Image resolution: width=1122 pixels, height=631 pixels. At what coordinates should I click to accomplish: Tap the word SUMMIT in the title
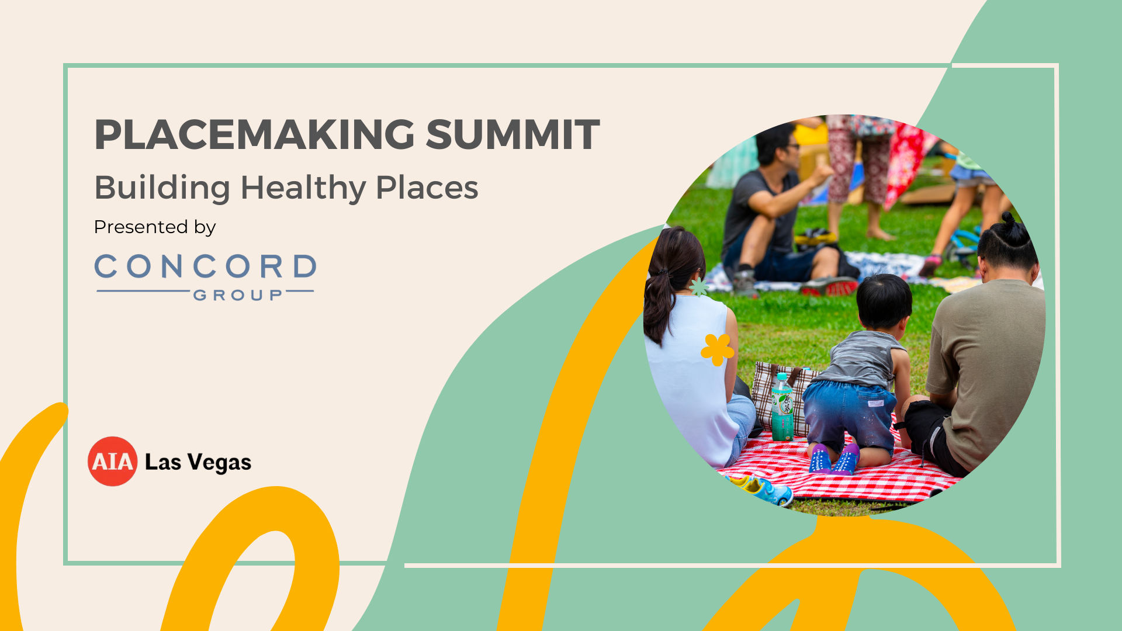pos(512,134)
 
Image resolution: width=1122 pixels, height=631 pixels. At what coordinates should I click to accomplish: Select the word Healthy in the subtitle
pos(303,189)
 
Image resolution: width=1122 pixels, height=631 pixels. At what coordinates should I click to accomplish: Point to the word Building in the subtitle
pos(162,189)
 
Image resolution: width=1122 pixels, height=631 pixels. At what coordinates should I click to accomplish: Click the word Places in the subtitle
pos(427,188)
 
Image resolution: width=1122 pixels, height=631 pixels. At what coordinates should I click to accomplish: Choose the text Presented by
pos(155,227)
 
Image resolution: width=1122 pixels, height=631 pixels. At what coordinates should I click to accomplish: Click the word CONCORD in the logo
pos(205,266)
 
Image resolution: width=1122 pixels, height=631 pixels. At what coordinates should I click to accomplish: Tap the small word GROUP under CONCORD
pos(238,295)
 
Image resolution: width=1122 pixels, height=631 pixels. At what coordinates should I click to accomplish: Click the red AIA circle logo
pos(112,462)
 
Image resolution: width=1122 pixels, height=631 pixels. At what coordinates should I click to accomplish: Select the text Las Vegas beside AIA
pos(198,463)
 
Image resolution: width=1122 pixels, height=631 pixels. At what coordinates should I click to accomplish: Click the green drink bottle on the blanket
pos(782,407)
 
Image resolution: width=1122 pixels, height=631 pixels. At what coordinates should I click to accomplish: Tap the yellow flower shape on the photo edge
pos(717,349)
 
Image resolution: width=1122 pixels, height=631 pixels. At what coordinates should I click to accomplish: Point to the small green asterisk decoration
pos(698,287)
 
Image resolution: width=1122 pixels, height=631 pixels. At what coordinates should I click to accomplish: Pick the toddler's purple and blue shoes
pos(834,459)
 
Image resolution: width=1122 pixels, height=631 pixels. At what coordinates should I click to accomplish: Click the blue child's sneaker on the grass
pos(767,491)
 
